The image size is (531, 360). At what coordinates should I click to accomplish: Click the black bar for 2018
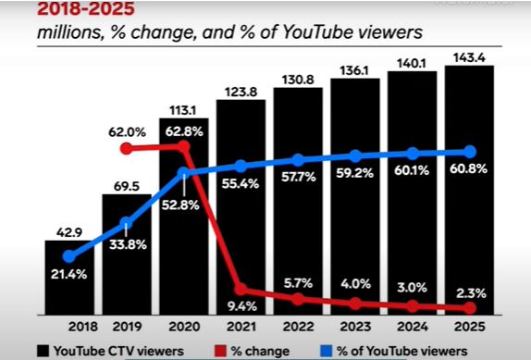[x=69, y=278]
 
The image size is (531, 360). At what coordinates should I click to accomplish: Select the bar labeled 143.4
[x=469, y=191]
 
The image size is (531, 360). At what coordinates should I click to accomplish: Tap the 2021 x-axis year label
[x=241, y=328]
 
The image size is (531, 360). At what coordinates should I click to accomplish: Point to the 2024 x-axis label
[x=413, y=328]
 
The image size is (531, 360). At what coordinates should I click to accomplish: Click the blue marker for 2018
[x=69, y=256]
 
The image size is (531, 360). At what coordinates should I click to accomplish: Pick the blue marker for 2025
[x=470, y=152]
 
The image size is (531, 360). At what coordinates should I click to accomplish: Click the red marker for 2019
[x=127, y=148]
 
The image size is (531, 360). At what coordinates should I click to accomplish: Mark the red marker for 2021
[x=241, y=289]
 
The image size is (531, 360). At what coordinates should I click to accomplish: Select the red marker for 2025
[x=470, y=308]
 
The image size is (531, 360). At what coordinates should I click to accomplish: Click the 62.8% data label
[x=184, y=131]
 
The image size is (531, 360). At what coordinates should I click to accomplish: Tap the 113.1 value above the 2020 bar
[x=182, y=110]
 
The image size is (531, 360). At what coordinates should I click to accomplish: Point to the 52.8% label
[x=180, y=205]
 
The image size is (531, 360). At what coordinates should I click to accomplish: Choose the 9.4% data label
[x=241, y=306]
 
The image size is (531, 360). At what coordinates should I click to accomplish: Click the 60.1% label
[x=412, y=170]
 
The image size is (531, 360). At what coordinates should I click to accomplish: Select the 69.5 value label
[x=127, y=186]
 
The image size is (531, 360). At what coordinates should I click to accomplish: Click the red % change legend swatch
[x=220, y=351]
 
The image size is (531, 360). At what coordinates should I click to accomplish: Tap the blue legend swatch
[x=326, y=351]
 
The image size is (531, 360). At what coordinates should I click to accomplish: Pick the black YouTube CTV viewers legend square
[x=43, y=351]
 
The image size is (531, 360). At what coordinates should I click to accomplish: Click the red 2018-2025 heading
[x=86, y=8]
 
